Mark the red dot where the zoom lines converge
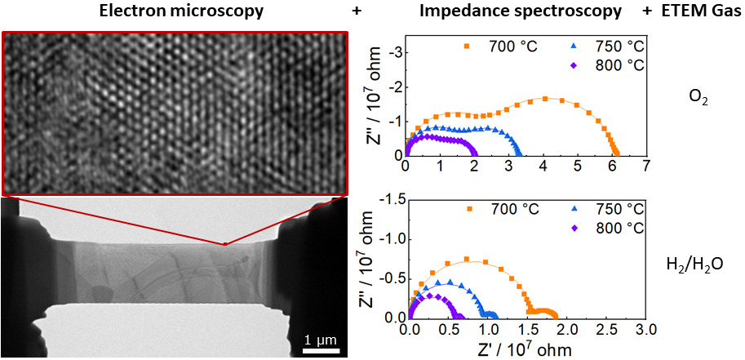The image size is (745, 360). coord(226,243)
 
